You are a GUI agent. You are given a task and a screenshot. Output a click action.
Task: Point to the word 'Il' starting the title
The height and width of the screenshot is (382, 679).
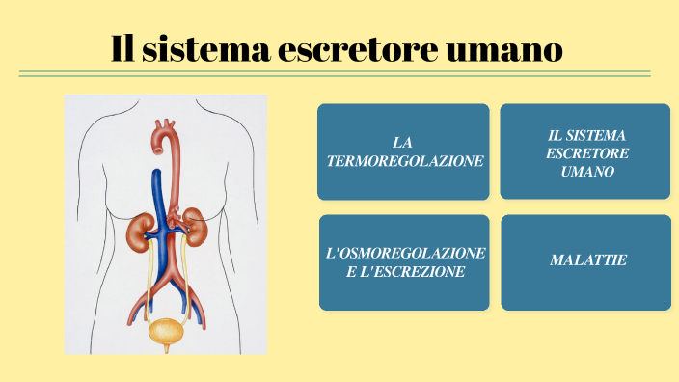click(x=122, y=48)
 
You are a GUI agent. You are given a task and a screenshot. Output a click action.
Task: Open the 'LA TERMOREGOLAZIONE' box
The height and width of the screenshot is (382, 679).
click(x=403, y=151)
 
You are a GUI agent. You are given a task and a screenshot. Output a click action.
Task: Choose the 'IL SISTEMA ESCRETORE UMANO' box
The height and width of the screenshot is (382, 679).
click(x=585, y=151)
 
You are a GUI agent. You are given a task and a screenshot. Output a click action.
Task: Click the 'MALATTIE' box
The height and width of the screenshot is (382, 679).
click(x=585, y=261)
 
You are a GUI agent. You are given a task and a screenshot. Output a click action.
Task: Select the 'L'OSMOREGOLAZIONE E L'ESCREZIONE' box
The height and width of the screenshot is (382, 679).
click(x=403, y=261)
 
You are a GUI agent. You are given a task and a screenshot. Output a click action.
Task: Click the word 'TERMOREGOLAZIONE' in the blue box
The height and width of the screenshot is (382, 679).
click(x=405, y=161)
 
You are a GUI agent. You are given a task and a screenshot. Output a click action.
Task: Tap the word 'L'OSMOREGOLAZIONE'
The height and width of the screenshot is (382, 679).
click(x=405, y=252)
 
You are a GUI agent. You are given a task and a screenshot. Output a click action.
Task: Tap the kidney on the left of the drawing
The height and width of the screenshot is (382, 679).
click(x=142, y=229)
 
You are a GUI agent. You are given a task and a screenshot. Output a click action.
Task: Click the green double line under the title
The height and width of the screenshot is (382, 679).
click(x=335, y=73)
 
